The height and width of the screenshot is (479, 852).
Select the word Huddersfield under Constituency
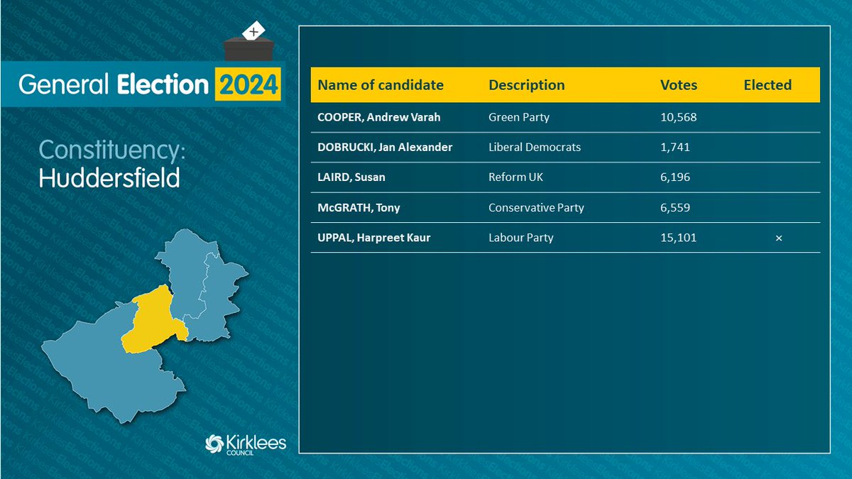pyautogui.click(x=109, y=178)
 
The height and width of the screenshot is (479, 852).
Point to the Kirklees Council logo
pyautogui.click(x=245, y=445)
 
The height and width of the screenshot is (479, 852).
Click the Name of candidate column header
pyautogui.click(x=381, y=85)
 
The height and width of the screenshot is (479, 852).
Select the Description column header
pyautogui.click(x=527, y=85)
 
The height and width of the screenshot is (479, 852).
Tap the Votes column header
pyautogui.click(x=679, y=85)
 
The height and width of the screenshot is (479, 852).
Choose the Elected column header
pyautogui.click(x=768, y=85)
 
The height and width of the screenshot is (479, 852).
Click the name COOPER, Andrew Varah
pyautogui.click(x=379, y=117)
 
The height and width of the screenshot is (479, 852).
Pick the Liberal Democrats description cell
pyautogui.click(x=535, y=148)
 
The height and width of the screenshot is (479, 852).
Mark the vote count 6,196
pyautogui.click(x=675, y=177)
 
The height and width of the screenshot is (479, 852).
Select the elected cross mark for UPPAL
pyautogui.click(x=779, y=238)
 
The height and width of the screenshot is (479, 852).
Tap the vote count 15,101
pyautogui.click(x=678, y=238)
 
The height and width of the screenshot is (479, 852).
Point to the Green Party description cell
pyautogui.click(x=519, y=117)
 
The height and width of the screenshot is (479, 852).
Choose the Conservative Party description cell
pyautogui.click(x=536, y=208)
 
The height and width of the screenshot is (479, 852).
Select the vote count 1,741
pyautogui.click(x=675, y=148)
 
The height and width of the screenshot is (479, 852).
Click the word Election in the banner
pyautogui.click(x=161, y=84)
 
